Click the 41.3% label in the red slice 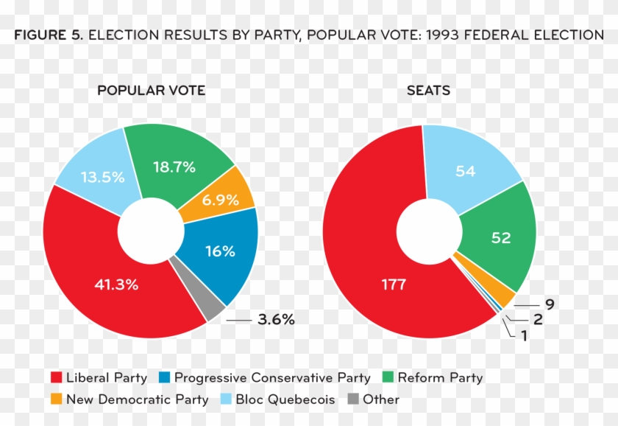(116, 284)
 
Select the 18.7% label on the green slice (174, 167)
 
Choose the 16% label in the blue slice (220, 251)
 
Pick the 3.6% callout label (276, 320)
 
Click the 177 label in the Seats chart (394, 284)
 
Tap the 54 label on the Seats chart (465, 172)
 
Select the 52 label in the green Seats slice (501, 238)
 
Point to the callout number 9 (549, 304)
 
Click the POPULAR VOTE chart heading (151, 91)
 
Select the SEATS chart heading (429, 91)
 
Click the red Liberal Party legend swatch (55, 378)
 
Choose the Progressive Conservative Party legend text (272, 378)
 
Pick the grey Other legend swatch (352, 399)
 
